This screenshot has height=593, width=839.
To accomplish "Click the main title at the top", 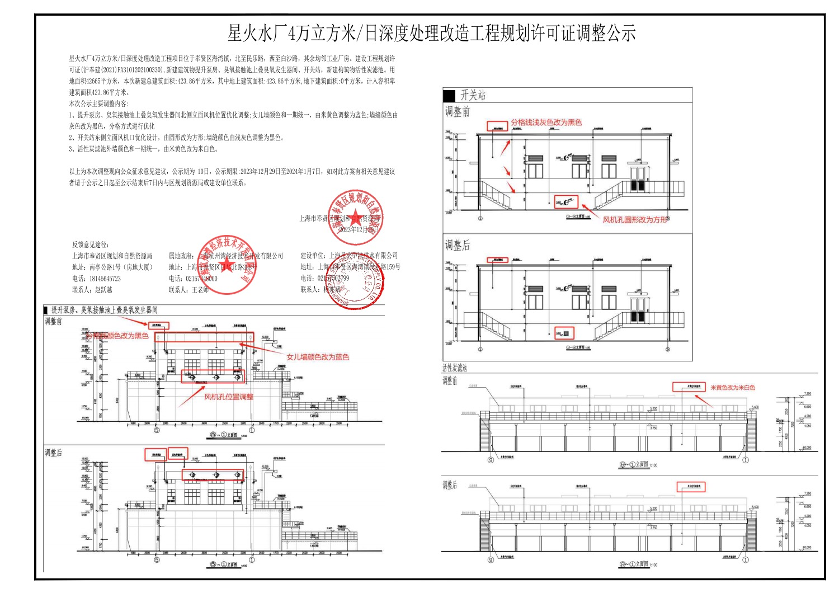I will [431, 34].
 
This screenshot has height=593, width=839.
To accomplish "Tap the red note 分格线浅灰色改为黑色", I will [546, 123].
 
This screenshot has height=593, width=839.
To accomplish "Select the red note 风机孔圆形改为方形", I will [635, 220].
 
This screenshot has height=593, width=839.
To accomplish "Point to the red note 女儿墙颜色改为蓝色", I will [317, 357].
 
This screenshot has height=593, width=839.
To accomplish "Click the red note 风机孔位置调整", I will [228, 397].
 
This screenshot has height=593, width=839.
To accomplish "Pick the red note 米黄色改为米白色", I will [732, 387].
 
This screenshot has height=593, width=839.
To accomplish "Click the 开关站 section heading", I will [473, 95].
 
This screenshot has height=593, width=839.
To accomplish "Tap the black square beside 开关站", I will [449, 95].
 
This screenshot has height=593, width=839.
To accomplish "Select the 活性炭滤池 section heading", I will [454, 368].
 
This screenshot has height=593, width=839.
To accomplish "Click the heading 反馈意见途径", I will [91, 244].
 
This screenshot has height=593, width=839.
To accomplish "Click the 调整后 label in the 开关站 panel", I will [458, 245].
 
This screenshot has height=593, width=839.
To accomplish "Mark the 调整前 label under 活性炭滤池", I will [450, 380].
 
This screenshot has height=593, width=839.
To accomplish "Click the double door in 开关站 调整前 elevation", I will [638, 178].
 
